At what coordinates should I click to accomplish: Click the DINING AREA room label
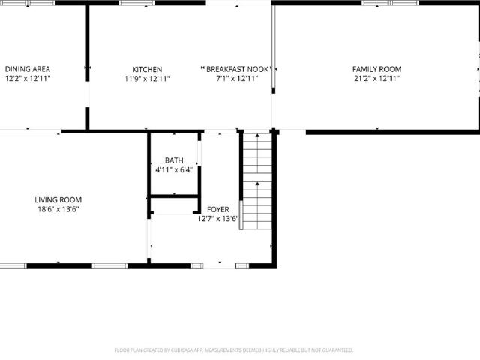(28, 69)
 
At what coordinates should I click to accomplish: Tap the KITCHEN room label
(147, 69)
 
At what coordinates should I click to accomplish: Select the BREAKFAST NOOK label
(237, 69)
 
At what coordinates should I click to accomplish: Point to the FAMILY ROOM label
(376, 69)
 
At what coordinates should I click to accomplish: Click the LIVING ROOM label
(58, 200)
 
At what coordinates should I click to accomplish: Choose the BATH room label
(174, 160)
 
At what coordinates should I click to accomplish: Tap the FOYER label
(218, 210)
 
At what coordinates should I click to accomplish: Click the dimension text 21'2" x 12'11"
(376, 78)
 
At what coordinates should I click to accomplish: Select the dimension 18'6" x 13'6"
(58, 209)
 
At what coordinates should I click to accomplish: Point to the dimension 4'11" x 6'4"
(174, 170)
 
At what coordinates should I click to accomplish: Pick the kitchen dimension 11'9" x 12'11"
(147, 79)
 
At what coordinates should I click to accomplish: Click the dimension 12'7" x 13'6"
(218, 219)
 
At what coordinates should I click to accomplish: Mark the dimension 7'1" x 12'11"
(237, 78)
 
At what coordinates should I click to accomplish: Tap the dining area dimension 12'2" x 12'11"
(28, 78)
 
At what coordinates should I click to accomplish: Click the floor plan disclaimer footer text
(234, 350)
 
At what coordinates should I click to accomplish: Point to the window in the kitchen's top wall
(136, 3)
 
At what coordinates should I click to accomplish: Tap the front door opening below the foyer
(219, 265)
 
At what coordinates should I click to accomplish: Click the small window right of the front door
(242, 265)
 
